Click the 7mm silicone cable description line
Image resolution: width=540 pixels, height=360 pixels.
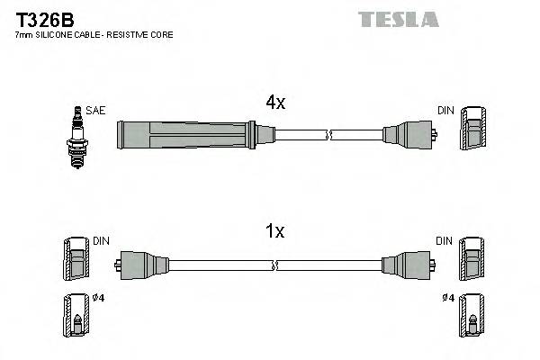94,34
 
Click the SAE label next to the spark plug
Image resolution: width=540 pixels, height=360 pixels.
96,110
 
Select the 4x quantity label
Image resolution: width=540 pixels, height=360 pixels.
275,103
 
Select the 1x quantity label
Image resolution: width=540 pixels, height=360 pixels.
275,231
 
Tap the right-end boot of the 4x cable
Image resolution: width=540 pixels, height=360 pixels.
409,136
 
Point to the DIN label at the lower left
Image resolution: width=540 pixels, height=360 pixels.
101,240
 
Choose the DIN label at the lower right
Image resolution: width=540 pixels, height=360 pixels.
444,240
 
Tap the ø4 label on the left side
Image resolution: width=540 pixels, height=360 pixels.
99,298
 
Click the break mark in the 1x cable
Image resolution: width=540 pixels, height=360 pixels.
276,265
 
